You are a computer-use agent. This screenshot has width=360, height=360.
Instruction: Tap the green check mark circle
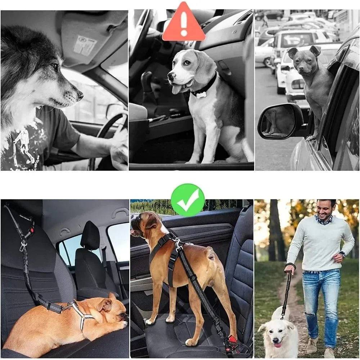(188, 200)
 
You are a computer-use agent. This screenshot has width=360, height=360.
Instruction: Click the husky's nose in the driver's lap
(80, 95)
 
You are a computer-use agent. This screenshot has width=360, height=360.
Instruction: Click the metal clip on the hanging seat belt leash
(23, 246)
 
